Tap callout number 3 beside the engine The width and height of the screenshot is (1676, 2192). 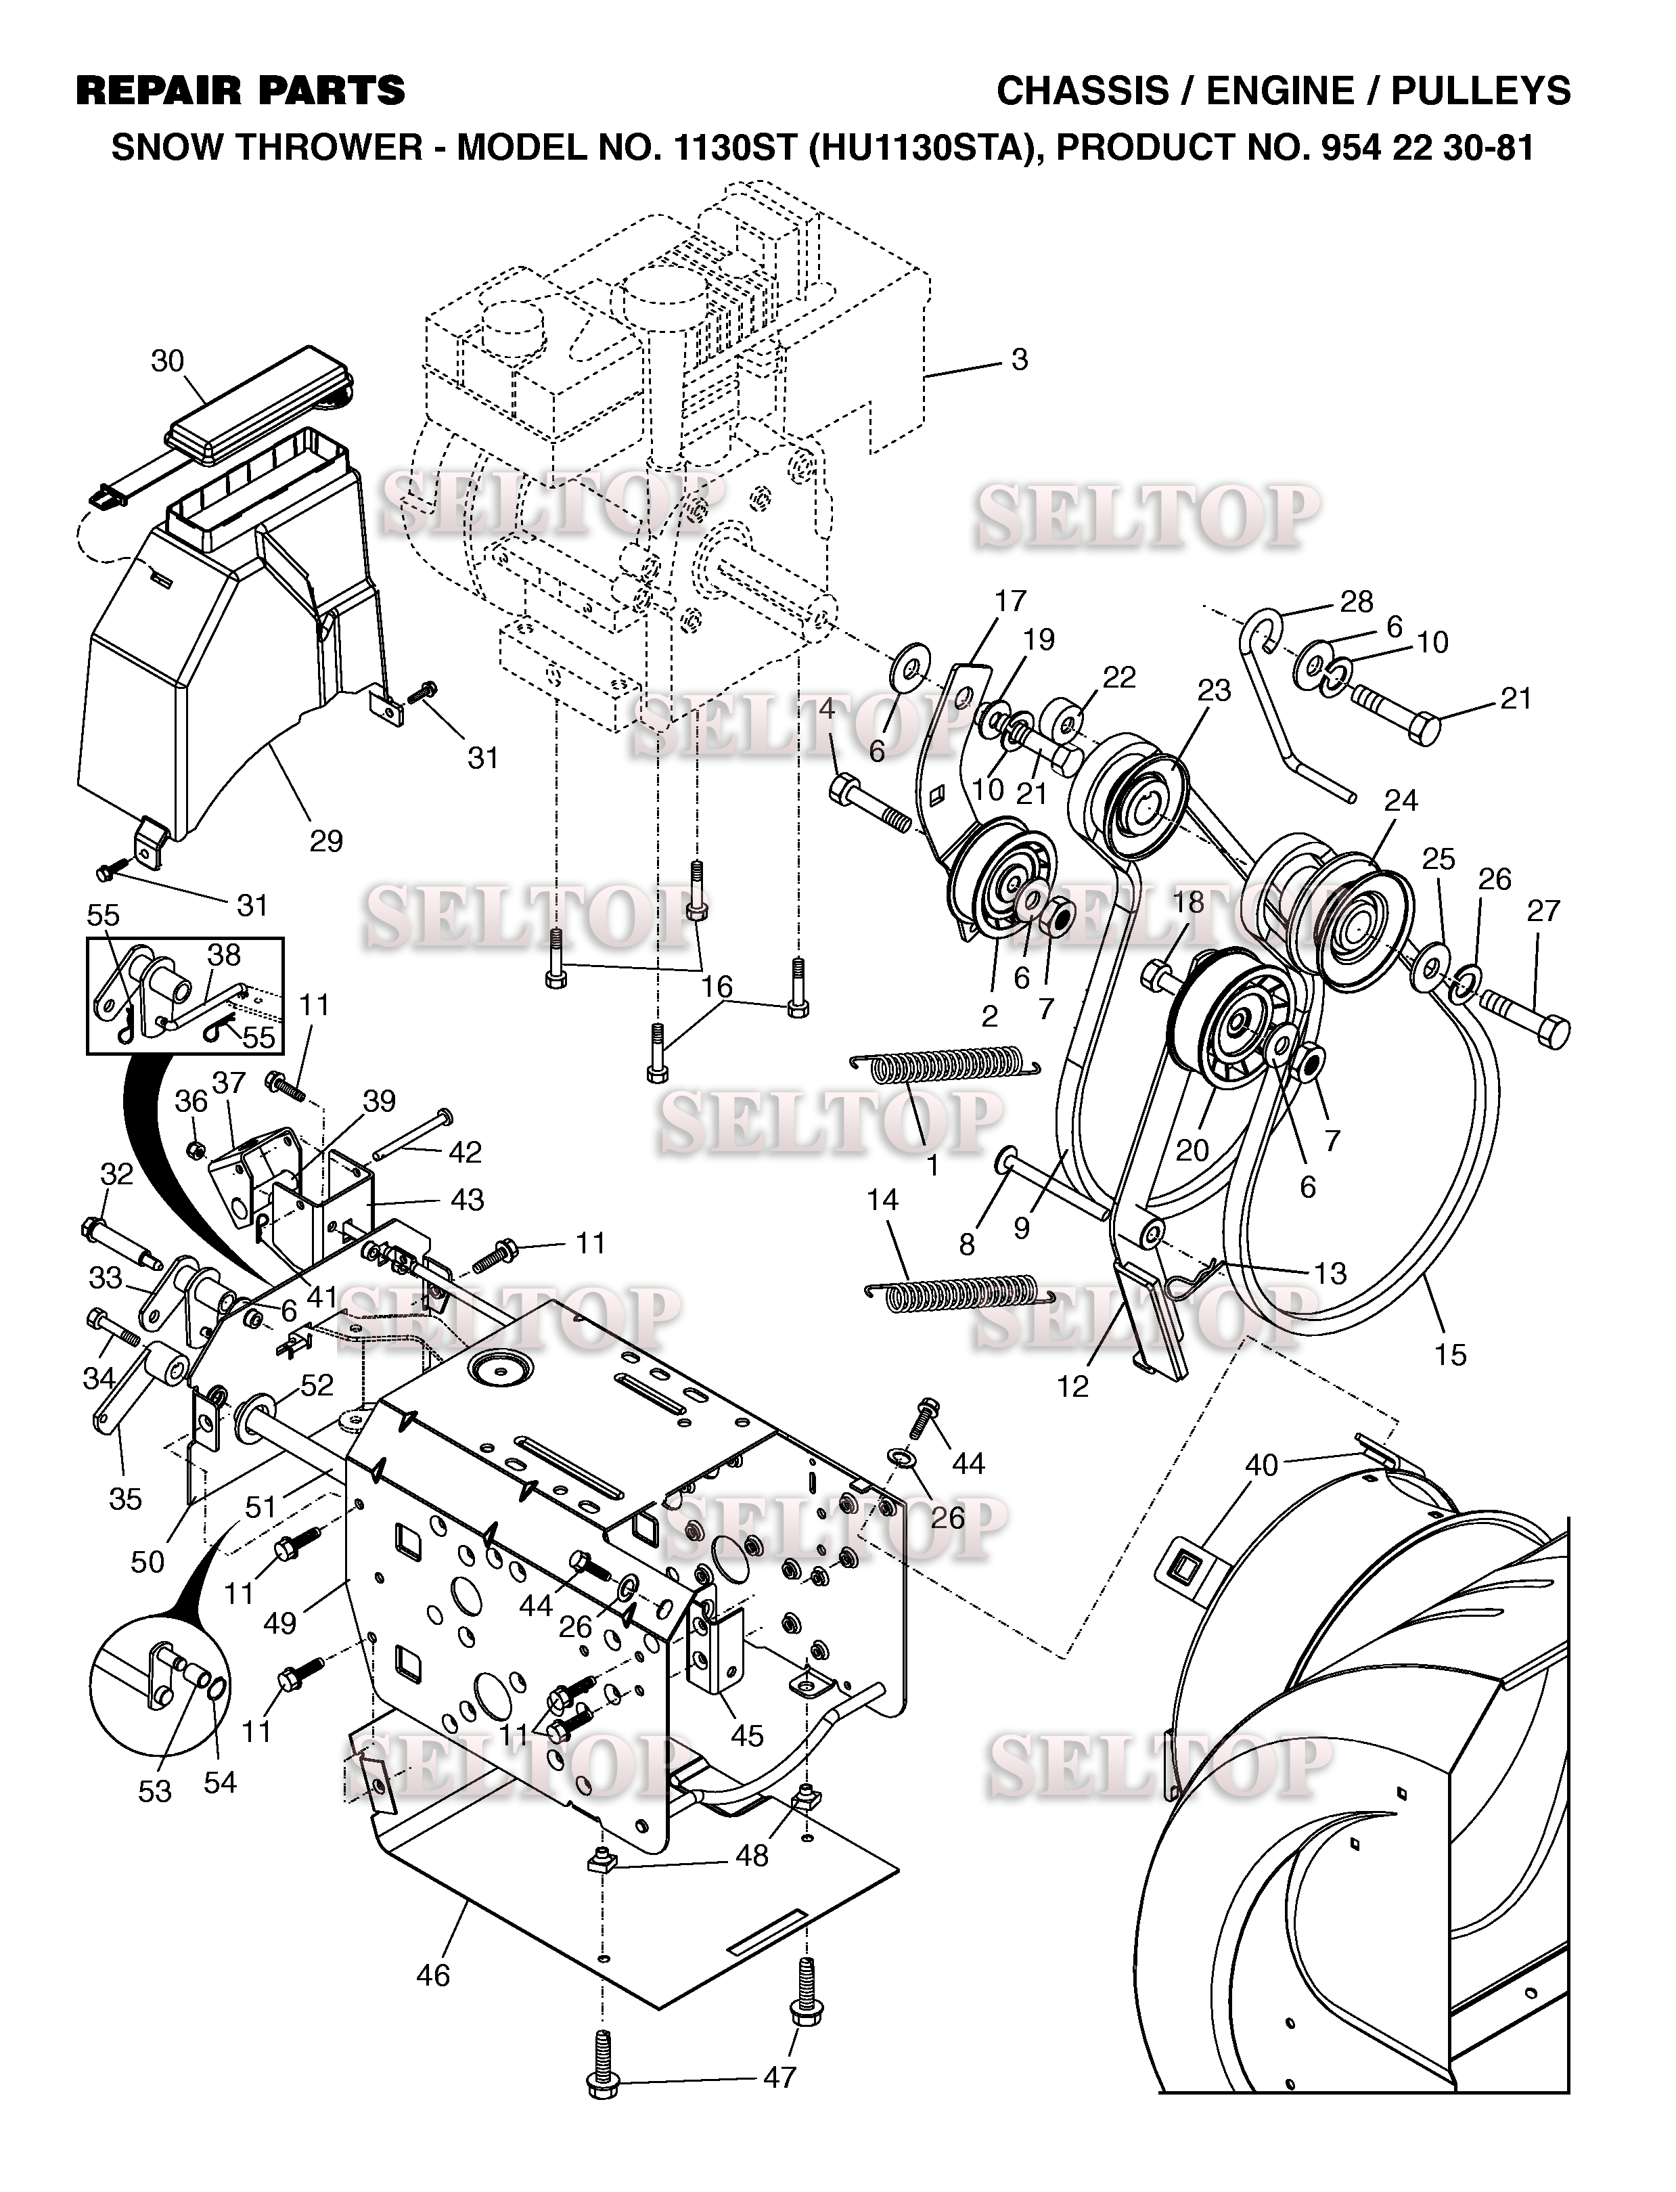coord(1018,359)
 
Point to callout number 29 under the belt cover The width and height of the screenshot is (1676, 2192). coord(325,841)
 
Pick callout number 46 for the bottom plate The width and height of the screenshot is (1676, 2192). coord(434,1975)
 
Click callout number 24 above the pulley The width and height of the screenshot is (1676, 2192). coord(1401,800)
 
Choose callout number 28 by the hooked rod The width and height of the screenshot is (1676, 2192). coord(1356,602)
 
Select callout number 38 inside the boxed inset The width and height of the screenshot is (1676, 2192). coord(223,955)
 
